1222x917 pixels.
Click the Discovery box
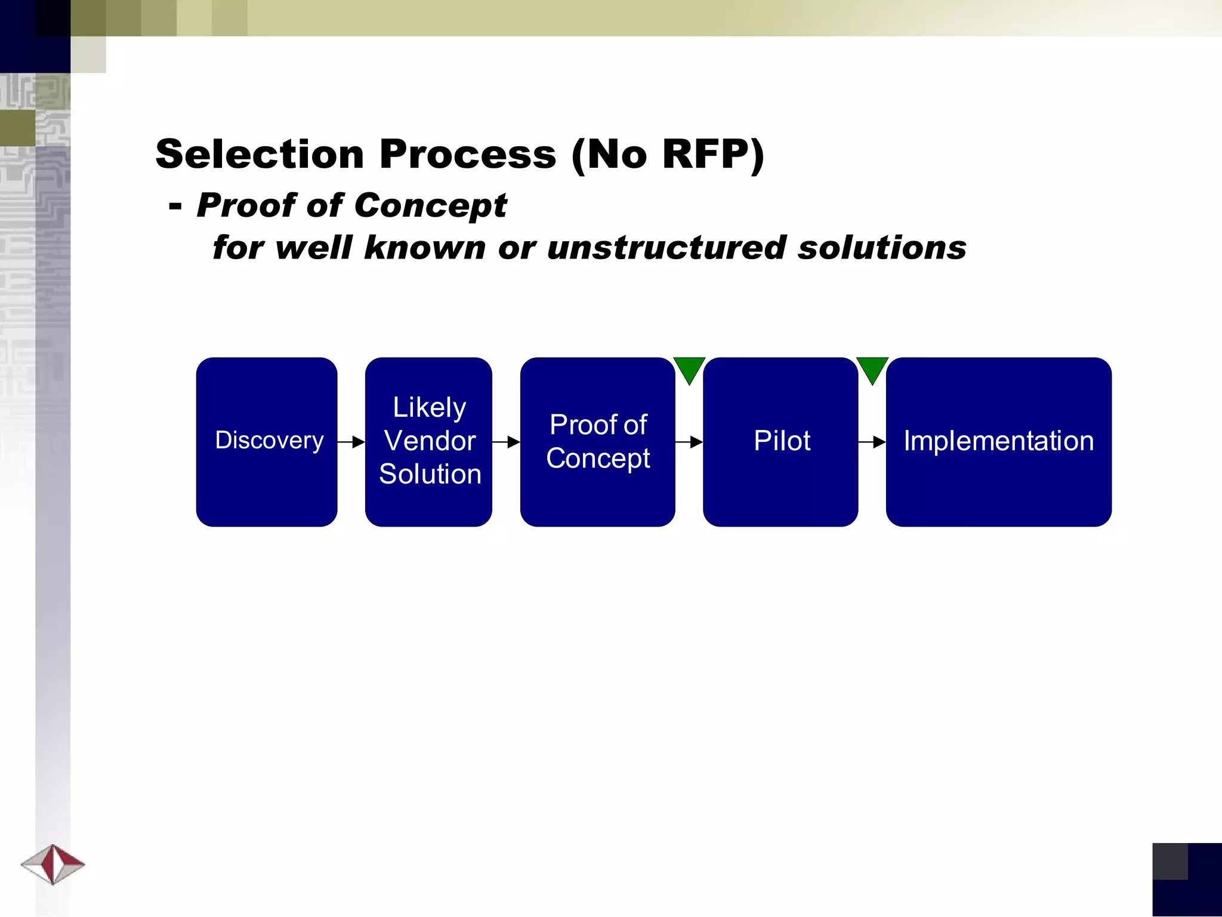tap(267, 442)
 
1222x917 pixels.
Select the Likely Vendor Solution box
tap(428, 442)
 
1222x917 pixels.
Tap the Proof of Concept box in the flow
tap(597, 442)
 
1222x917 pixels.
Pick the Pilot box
tap(780, 442)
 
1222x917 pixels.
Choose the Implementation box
tap(998, 442)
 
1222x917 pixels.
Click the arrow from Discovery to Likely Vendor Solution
tap(351, 442)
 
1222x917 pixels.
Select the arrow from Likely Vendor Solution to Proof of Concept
tap(506, 442)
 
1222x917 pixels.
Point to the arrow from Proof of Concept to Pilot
tap(689, 442)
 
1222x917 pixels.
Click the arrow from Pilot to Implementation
tap(872, 442)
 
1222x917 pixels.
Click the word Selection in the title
tap(260, 154)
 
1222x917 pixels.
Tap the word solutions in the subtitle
tap(882, 248)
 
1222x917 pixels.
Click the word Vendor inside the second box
tap(430, 441)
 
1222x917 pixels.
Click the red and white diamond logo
tap(53, 864)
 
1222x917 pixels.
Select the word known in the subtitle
tap(425, 248)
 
